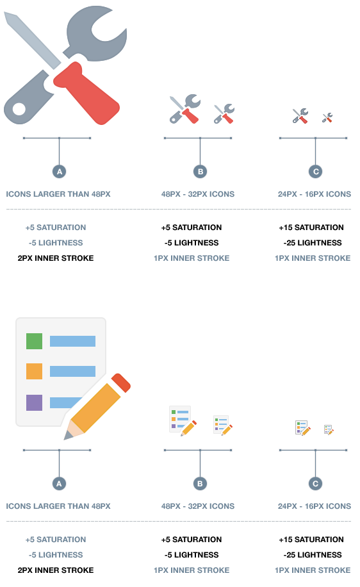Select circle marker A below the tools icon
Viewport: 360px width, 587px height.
[59, 172]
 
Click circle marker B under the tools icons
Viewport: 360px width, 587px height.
[200, 172]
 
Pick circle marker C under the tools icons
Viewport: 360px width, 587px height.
[315, 172]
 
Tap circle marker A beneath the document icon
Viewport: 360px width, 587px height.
[59, 484]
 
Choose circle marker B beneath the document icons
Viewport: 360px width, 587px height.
[200, 484]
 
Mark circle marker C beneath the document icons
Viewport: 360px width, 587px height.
[315, 484]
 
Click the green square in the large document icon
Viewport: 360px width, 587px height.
[34, 341]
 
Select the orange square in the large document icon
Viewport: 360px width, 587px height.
[34, 372]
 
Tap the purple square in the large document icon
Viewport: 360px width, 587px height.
[34, 402]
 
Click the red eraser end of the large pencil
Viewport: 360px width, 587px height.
[120, 382]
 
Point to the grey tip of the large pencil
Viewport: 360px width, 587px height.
[67, 436]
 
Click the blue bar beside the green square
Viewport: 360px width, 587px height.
[72, 341]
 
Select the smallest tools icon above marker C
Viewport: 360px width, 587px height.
[327, 117]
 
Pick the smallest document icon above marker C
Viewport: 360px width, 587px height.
[329, 430]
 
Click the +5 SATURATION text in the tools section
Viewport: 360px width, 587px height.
[56, 227]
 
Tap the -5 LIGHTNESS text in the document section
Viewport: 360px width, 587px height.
[56, 555]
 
